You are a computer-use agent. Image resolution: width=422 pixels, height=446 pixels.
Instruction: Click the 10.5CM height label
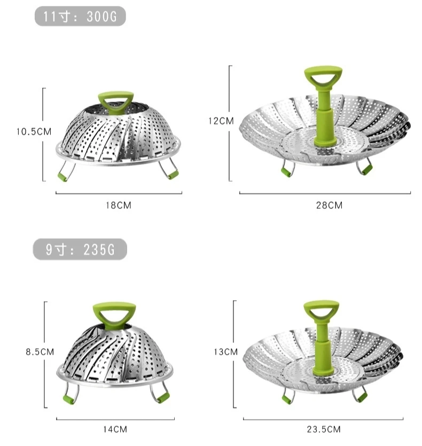[x=34, y=132]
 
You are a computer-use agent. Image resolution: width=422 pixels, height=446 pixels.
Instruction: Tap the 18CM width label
[x=119, y=205]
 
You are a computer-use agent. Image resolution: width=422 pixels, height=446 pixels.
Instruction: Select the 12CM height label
[x=221, y=121]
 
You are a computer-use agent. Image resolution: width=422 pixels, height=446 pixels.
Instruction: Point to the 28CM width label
[x=329, y=205]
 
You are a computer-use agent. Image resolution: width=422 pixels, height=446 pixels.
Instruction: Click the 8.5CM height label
[x=40, y=352]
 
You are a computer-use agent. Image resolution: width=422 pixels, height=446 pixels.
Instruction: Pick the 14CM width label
[x=115, y=429]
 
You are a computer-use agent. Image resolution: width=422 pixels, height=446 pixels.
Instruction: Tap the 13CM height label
[x=225, y=352]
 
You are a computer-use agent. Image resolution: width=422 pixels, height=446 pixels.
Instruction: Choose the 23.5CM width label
[x=324, y=429]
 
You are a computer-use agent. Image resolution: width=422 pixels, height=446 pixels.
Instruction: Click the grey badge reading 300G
[x=80, y=16]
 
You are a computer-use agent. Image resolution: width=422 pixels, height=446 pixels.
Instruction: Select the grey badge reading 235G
[x=80, y=249]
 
